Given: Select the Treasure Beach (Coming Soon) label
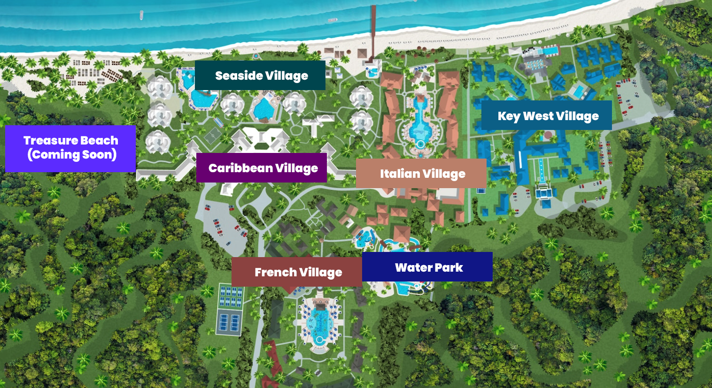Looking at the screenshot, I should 70,148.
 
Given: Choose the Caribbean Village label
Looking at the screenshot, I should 262,167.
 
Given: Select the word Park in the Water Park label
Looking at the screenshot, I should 449,267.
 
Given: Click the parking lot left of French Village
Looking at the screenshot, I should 221,225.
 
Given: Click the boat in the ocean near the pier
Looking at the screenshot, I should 333,20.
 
